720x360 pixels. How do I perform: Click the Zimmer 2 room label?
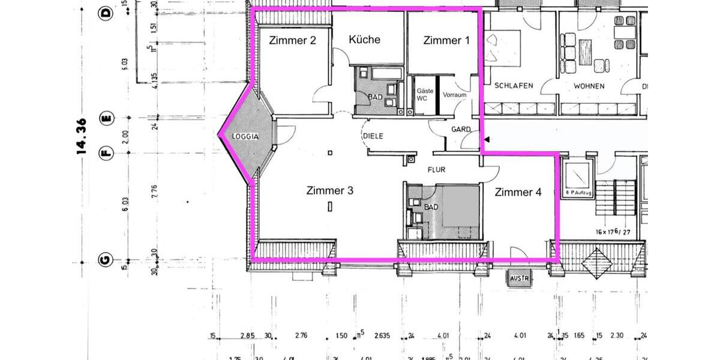(292, 41)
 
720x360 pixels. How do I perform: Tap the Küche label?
(365, 40)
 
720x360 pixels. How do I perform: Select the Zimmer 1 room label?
(446, 41)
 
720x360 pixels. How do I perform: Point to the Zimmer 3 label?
(329, 191)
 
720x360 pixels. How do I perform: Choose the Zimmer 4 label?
(518, 193)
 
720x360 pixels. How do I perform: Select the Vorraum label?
(454, 95)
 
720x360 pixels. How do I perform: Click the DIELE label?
(373, 136)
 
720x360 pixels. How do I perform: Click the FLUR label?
(436, 170)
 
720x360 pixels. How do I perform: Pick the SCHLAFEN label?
(514, 86)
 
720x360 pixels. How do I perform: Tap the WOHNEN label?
(589, 86)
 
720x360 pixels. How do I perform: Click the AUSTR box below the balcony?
(517, 279)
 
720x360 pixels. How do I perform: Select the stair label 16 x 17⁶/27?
(613, 232)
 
